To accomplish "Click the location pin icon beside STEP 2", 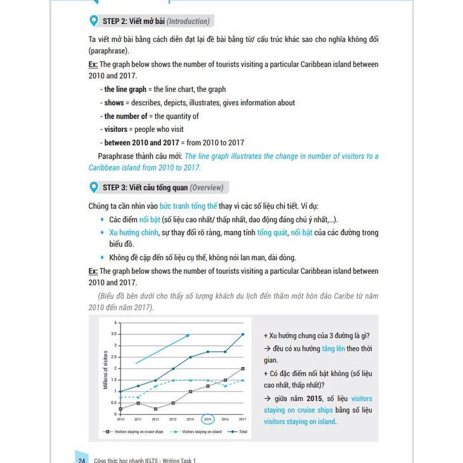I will (95, 21).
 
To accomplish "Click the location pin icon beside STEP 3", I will (95, 187).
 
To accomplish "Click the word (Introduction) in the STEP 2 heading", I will (188, 22).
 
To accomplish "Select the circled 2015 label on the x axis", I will (207, 419).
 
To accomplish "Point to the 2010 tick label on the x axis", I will (120, 419).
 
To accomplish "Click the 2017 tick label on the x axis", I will (242, 419).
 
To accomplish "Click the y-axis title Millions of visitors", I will (106, 369).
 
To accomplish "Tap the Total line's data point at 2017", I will (242, 334).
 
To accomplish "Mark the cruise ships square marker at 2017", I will (242, 368).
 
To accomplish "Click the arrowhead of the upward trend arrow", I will (188, 336).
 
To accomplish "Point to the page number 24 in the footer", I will (82, 460).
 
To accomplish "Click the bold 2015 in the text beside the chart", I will (313, 398).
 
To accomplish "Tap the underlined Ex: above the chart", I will (93, 271).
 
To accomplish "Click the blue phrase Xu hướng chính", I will (133, 233).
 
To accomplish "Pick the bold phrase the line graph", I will (125, 89).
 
